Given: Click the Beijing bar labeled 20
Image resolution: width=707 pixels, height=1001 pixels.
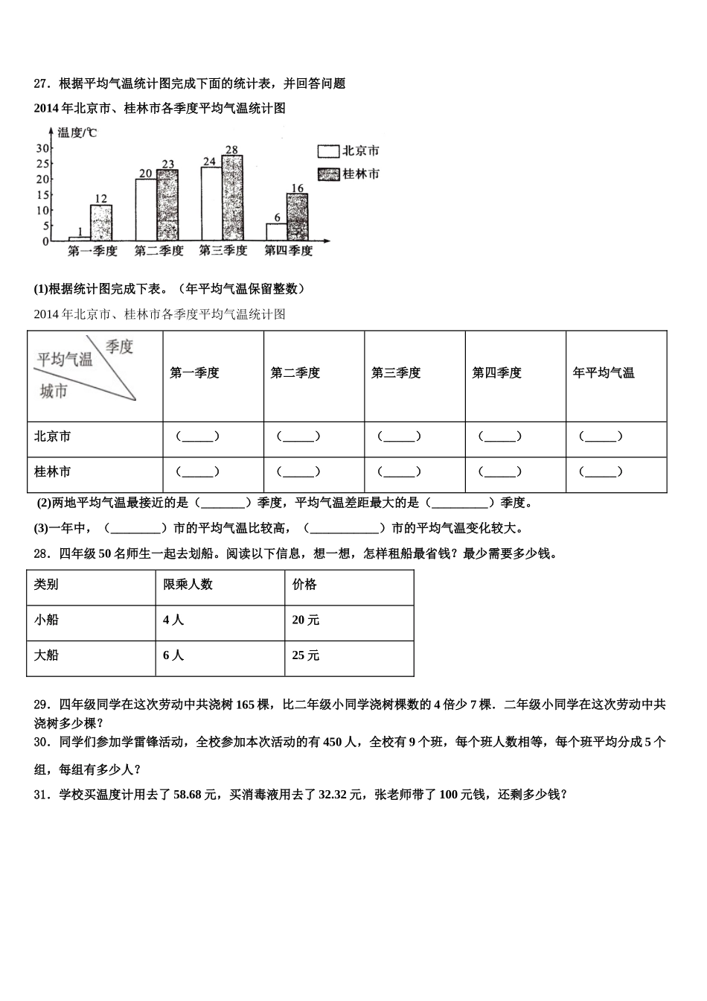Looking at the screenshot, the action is point(146,210).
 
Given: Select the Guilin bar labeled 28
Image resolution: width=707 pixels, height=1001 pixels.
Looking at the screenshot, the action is point(232,197).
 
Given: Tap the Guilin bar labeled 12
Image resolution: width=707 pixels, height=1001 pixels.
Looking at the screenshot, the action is point(101,223).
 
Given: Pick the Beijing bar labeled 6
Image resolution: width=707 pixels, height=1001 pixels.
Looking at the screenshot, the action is point(277,232).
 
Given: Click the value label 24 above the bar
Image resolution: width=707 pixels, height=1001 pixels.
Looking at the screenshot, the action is point(209,161).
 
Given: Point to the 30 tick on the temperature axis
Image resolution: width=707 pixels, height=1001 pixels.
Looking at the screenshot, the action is point(42,148).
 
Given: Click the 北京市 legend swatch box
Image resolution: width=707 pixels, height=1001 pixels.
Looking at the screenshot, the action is point(328,151).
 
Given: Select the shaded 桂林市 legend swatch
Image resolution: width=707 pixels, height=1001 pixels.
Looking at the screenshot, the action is point(328,174).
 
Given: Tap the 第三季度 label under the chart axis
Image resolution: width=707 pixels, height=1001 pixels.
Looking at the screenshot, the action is point(223,251).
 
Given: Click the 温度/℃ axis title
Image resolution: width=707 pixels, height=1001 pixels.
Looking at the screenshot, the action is point(77,133).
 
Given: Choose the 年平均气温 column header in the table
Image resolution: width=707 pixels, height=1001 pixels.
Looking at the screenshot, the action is point(604,373).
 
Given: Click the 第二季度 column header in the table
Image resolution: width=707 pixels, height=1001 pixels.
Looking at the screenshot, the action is point(295,373).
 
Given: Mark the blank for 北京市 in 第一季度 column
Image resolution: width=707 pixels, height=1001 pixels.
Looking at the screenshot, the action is point(197,437).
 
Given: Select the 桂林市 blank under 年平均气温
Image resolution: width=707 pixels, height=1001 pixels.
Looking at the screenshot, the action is point(601,472).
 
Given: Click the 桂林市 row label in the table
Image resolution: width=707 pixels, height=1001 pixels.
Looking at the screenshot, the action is point(53,472).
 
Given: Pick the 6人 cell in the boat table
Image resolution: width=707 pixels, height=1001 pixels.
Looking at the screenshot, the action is point(173,655).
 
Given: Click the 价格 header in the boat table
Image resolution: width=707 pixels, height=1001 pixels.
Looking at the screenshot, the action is point(305,585).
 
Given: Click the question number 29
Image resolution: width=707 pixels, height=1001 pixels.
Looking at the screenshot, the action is point(42,705).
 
